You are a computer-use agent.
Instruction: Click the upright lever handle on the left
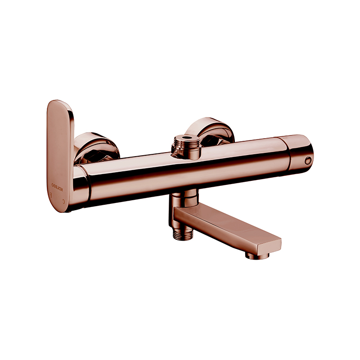point(59,148)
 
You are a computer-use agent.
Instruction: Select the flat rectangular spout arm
point(225,227)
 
